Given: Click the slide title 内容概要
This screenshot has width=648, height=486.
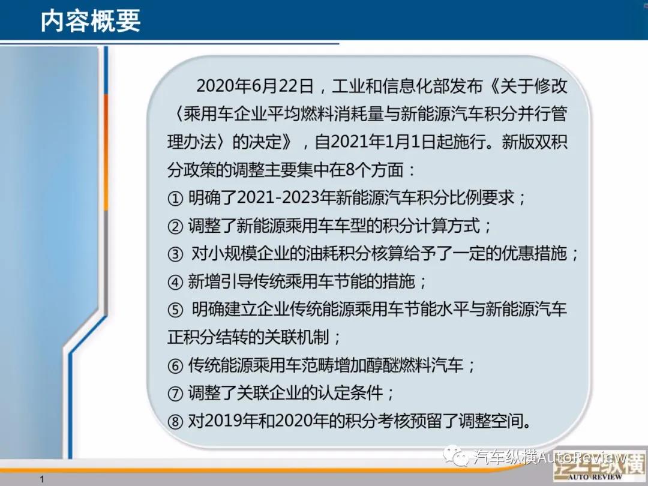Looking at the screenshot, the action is pos(91,20).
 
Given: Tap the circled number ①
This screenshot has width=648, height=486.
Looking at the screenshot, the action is pos(175,199).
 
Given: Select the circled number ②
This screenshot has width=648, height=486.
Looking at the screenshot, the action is pos(175,226).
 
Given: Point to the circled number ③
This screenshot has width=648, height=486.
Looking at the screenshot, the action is pos(175,254).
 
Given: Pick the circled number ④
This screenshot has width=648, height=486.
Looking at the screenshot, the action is pos(175,282).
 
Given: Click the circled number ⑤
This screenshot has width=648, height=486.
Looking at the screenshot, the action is pos(175,310).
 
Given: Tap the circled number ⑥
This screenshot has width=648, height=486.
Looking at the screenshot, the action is pos(175,366).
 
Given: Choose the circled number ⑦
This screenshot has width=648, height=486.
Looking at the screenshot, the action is pos(175,394).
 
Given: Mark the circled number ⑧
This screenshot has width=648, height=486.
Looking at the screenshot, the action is pos(175,422).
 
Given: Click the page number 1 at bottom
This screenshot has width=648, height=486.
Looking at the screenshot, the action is pos(42,479).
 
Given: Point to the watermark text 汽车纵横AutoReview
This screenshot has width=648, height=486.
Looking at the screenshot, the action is pos(550,457).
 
